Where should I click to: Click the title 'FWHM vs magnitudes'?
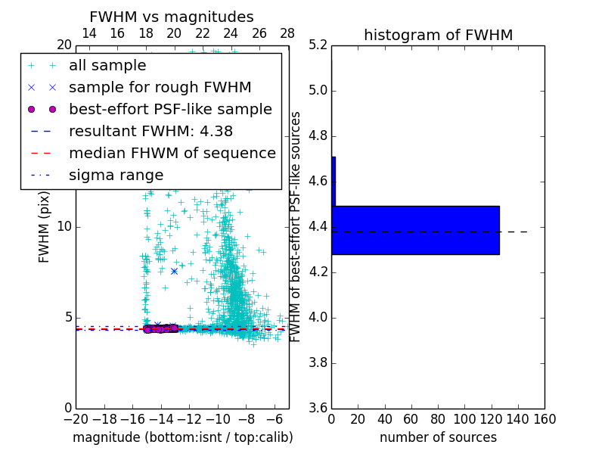pyautogui.click(x=171, y=17)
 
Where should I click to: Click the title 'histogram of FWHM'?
pyautogui.click(x=438, y=35)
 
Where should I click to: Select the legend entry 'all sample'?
pyautogui.click(x=107, y=66)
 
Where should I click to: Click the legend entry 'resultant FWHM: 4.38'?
pyautogui.click(x=150, y=131)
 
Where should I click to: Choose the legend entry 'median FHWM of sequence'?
pyautogui.click(x=172, y=153)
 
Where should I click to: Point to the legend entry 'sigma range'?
pyautogui.click(x=116, y=175)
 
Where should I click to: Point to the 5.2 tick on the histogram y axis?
pyautogui.click(x=318, y=45)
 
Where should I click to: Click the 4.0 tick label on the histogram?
pyautogui.click(x=318, y=317)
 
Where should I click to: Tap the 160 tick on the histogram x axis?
pyautogui.click(x=544, y=419)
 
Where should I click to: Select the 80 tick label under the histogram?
pyautogui.click(x=438, y=419)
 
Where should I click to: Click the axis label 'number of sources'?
pyautogui.click(x=438, y=437)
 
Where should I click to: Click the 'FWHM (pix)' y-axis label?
pyautogui.click(x=45, y=226)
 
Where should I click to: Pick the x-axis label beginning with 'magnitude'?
pyautogui.click(x=182, y=437)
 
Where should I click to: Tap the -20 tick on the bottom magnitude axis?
pyautogui.click(x=76, y=419)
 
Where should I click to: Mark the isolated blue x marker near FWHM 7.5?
pyautogui.click(x=174, y=271)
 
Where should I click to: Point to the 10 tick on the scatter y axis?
pyautogui.click(x=64, y=226)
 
